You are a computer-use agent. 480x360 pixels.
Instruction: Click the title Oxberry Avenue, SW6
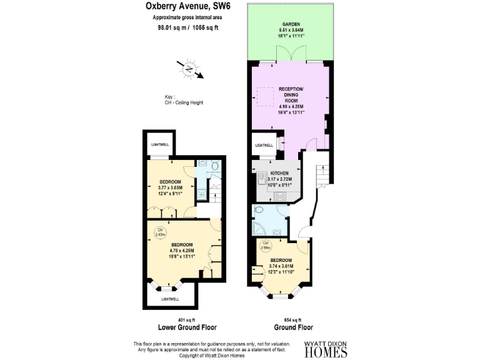[184, 7]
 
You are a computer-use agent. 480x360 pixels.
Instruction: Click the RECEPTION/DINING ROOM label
[291, 95]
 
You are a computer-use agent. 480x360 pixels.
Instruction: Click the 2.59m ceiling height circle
[265, 246]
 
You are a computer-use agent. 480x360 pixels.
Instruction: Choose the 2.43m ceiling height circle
[160, 232]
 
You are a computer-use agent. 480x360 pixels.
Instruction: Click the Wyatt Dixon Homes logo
[325, 349]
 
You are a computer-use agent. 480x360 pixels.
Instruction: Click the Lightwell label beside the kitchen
[263, 146]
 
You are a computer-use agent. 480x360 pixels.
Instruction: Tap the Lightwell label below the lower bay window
[170, 299]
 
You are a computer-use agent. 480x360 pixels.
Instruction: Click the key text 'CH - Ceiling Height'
[184, 102]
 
